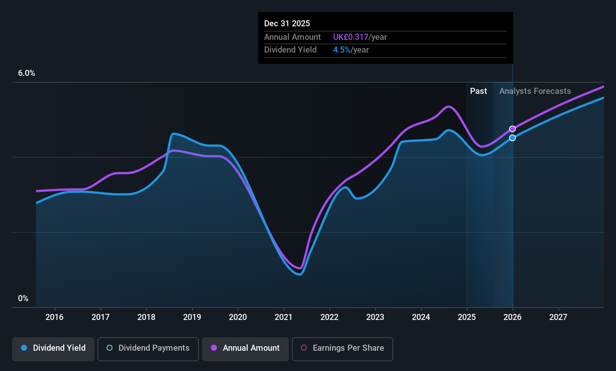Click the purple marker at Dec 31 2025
pyautogui.click(x=512, y=129)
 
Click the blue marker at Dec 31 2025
pyautogui.click(x=512, y=137)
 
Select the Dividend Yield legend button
pyautogui.click(x=53, y=349)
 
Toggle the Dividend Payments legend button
pyautogui.click(x=148, y=349)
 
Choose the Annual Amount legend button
pyautogui.click(x=245, y=349)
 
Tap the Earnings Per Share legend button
pyautogui.click(x=343, y=349)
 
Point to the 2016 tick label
pyautogui.click(x=54, y=317)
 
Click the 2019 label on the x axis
pyautogui.click(x=192, y=317)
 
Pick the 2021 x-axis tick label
pyautogui.click(x=284, y=317)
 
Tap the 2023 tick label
pyautogui.click(x=375, y=317)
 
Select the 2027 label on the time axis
pyautogui.click(x=558, y=317)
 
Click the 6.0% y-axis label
pyautogui.click(x=26, y=73)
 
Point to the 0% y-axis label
pyautogui.click(x=23, y=299)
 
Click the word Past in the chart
pyautogui.click(x=478, y=91)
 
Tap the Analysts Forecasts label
pyautogui.click(x=535, y=91)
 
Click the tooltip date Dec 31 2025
pyautogui.click(x=287, y=24)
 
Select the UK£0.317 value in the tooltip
pyautogui.click(x=351, y=37)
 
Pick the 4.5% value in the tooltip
pyautogui.click(x=342, y=50)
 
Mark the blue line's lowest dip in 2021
pyautogui.click(x=300, y=274)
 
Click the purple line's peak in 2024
pyautogui.click(x=449, y=106)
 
